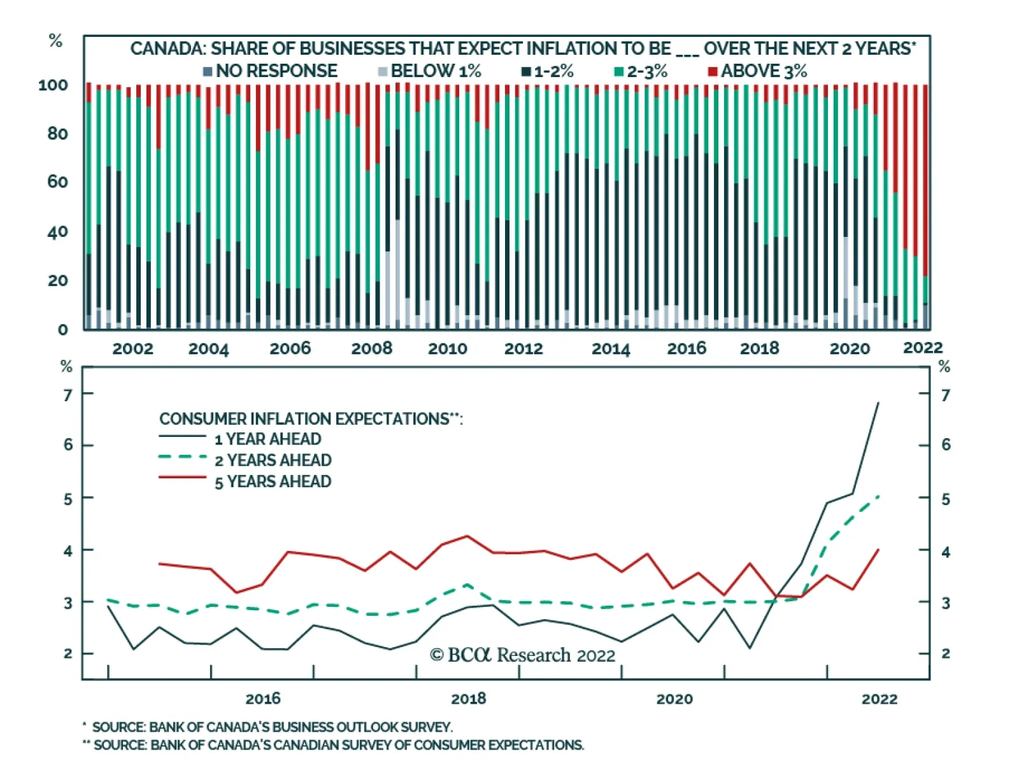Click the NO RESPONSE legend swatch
coord(207,71)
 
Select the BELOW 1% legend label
coord(436,71)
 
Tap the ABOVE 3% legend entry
coord(764,71)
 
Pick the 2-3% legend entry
coord(646,71)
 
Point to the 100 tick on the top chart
coord(53,85)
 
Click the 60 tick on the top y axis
coord(57,182)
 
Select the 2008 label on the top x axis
coord(372,348)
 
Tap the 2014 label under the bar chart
coord(610,348)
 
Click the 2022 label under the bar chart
coord(922,348)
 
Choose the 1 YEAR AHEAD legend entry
coord(267,439)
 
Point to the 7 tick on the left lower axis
coord(68,396)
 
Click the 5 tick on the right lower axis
coord(946,499)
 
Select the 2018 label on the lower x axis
coord(468,699)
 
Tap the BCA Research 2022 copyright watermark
coord(522,655)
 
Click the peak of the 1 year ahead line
coord(879,403)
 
